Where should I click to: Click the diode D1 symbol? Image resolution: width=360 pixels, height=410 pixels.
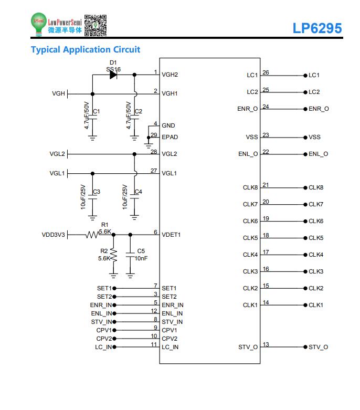(113, 75)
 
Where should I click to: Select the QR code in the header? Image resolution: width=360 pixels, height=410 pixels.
(96, 25)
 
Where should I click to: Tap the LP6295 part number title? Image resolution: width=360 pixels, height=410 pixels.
(317, 28)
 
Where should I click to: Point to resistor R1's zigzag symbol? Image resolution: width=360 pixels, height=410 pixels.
(92, 235)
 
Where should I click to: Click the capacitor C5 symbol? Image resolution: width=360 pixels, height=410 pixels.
(130, 255)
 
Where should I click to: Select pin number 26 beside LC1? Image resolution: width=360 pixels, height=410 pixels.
(266, 72)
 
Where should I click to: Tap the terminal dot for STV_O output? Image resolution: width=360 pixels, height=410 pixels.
(305, 347)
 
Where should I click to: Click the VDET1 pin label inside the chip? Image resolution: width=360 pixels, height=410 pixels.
(171, 235)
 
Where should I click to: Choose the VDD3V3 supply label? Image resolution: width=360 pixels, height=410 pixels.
(54, 235)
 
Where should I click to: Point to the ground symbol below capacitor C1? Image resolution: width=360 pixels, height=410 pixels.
(92, 138)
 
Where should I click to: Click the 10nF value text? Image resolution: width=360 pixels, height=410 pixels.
(141, 258)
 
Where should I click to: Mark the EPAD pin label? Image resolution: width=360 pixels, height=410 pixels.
(170, 137)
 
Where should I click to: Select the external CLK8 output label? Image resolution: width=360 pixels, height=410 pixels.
(316, 187)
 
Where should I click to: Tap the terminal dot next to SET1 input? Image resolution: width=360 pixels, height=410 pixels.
(114, 288)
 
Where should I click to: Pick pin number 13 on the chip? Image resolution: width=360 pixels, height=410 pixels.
(266, 344)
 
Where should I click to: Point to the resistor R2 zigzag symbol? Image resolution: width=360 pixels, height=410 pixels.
(113, 255)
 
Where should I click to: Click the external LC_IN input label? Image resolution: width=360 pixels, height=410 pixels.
(103, 347)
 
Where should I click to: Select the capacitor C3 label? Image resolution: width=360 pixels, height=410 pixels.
(97, 192)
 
